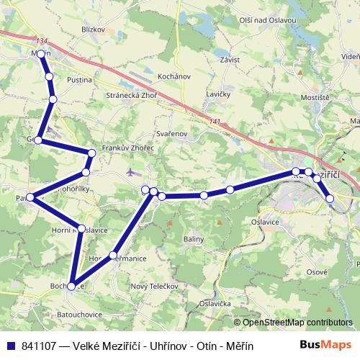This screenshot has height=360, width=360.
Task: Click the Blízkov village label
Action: click(94, 30)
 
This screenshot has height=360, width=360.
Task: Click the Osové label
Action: click(318, 271)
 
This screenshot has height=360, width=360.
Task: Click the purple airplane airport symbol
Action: click(130, 172)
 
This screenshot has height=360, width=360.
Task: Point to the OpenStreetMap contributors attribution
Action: click(297, 323)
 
